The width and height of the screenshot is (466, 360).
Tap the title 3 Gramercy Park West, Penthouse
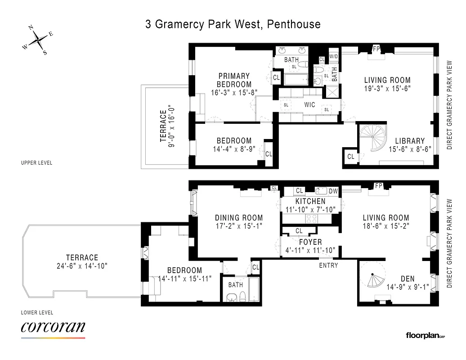(x=233, y=24)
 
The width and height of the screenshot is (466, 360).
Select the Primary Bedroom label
(x=234, y=80)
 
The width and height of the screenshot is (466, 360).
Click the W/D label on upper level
(x=333, y=57)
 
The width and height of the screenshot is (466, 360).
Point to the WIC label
(x=309, y=105)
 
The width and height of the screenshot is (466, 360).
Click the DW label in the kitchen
(x=333, y=191)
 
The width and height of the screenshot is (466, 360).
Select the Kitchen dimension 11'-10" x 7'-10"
(x=310, y=209)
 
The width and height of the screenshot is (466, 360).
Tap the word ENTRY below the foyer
(x=328, y=265)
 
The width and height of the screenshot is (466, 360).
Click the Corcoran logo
(x=53, y=328)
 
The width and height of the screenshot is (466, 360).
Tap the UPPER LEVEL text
(x=37, y=162)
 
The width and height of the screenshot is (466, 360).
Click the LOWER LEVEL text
(x=37, y=312)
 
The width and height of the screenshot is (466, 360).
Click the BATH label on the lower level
(x=235, y=285)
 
